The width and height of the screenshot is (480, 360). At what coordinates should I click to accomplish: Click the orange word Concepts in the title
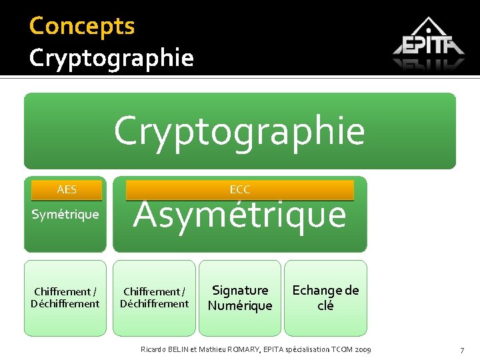(x=82, y=26)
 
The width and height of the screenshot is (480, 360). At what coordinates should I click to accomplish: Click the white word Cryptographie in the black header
(x=111, y=58)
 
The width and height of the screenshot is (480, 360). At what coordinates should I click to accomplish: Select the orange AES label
(x=67, y=190)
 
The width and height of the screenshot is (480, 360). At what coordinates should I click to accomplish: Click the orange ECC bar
(x=239, y=190)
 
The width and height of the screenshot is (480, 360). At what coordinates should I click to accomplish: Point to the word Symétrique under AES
(x=65, y=215)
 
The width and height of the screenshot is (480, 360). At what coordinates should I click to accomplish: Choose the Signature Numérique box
(x=240, y=298)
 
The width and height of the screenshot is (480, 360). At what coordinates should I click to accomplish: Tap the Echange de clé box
(x=325, y=298)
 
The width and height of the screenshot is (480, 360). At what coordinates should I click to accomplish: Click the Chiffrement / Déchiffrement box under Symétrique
(x=65, y=298)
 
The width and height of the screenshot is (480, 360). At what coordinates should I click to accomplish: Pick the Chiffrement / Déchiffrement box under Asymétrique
(x=154, y=298)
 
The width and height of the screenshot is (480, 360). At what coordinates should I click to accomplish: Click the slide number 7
(x=461, y=351)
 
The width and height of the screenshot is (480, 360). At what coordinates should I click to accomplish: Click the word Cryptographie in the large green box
(x=239, y=131)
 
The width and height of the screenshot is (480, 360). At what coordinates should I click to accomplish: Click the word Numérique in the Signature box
(x=240, y=306)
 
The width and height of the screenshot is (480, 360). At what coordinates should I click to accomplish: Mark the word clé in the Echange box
(x=325, y=306)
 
